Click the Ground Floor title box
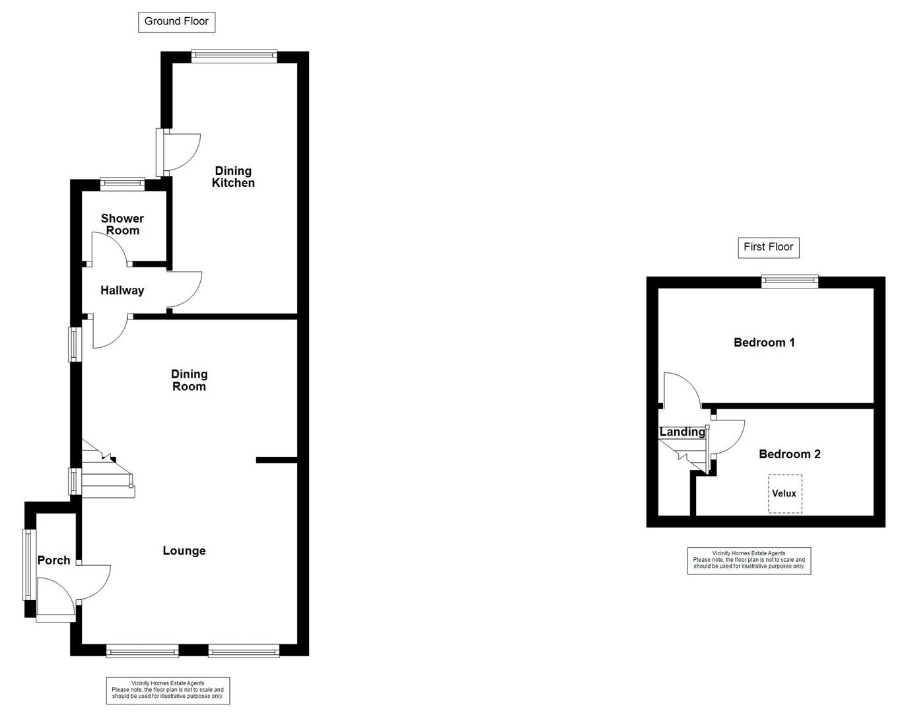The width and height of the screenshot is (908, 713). click(176, 22)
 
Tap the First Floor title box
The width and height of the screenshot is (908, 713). click(768, 247)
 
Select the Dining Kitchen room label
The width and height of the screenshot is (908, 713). click(233, 177)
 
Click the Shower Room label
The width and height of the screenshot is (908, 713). click(122, 224)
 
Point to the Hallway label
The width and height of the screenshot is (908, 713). click(122, 290)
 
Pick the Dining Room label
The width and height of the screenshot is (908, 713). click(189, 380)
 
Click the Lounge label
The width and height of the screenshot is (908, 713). click(184, 551)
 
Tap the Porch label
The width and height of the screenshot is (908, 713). click(53, 560)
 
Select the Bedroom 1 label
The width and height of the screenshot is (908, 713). click(764, 343)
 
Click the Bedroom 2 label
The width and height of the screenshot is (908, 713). click(789, 454)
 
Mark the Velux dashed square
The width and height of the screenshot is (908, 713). click(785, 494)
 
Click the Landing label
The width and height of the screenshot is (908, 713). click(682, 432)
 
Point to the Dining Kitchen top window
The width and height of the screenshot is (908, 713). click(234, 56)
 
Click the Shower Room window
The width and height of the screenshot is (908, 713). click(122, 184)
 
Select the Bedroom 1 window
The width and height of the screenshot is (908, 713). click(789, 282)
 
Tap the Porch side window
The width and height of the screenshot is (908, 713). click(28, 564)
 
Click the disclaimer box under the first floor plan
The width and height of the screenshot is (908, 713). click(749, 560)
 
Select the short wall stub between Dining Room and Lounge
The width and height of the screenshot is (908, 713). click(276, 459)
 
